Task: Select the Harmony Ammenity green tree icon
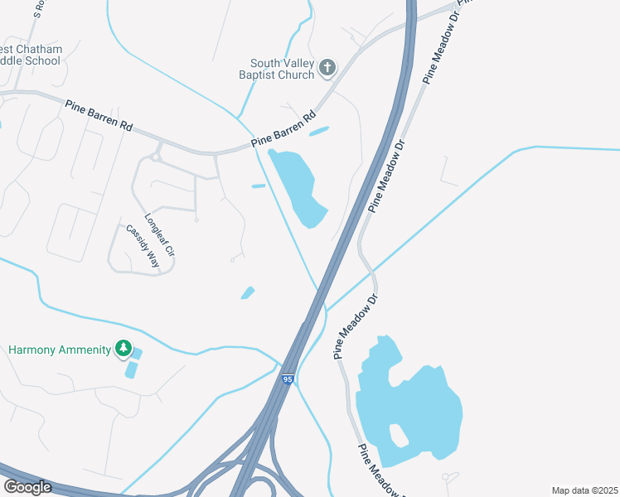124,349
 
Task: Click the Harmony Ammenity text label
59,350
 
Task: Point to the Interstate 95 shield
287,379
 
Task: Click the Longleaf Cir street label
160,234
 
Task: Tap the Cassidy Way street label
142,244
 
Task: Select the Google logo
27,487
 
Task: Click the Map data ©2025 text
584,490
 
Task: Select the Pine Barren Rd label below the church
284,131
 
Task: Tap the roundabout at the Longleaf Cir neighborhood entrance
155,156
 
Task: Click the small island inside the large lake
398,432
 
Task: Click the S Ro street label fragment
38,9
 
